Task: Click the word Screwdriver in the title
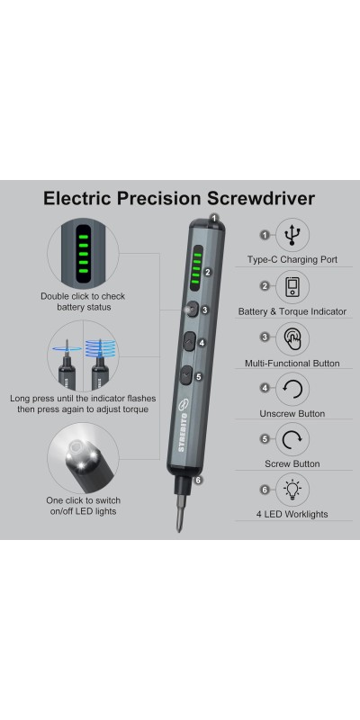coord(260,198)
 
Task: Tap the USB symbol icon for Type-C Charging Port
coord(292,235)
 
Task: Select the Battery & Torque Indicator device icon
coord(292,286)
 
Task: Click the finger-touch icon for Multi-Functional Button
coord(292,338)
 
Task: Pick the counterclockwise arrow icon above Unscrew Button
coord(292,389)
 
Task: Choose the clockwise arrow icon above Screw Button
coord(292,439)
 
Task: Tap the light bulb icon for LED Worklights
coord(292,490)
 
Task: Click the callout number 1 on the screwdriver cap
coord(214,218)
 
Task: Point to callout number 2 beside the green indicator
coord(208,272)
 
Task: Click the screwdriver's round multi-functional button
coord(192,310)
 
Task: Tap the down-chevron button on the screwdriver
coord(186,376)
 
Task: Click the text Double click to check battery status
coord(83,301)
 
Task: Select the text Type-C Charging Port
coord(292,259)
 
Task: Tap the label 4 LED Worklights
coord(292,514)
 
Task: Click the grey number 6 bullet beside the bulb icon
coord(265,490)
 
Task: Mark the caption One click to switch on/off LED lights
coord(83,506)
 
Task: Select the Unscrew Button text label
coord(292,414)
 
